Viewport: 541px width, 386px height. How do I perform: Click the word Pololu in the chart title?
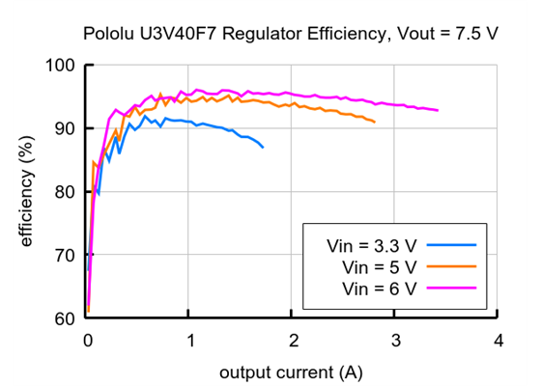[109, 34]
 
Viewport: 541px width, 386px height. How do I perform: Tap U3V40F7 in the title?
[178, 34]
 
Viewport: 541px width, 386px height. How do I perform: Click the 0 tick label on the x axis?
[88, 341]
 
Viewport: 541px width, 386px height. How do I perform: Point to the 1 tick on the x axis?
[190, 341]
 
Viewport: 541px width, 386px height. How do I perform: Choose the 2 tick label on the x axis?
[293, 341]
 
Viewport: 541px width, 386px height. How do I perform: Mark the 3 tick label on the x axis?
[395, 341]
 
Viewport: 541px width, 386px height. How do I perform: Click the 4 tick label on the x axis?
[498, 341]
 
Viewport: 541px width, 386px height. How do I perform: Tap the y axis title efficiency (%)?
[27, 193]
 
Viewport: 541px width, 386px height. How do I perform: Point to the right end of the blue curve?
[263, 147]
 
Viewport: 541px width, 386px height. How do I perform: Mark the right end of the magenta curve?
[438, 110]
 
